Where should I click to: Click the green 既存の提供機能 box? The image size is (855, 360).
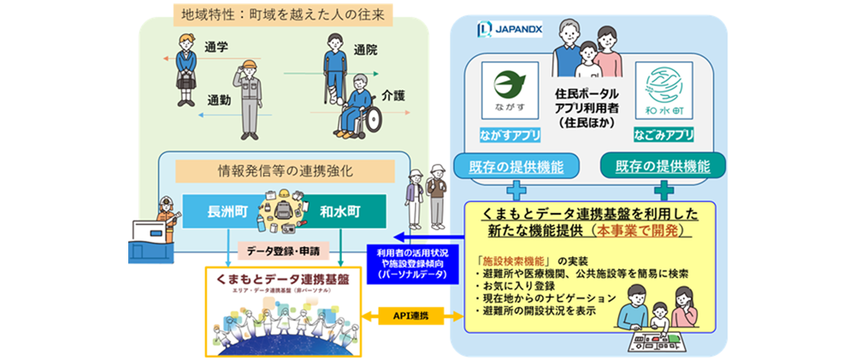pos(663,165)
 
